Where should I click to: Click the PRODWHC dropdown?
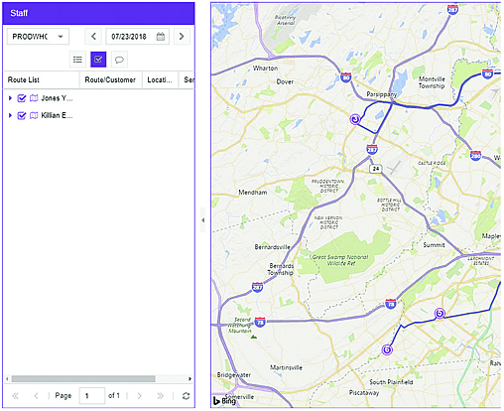pos(38,37)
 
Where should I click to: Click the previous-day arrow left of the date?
pos(93,37)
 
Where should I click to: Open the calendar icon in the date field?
pos(161,37)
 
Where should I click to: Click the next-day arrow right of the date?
pos(182,37)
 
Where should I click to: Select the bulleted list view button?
pos(77,60)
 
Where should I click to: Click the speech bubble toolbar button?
pos(119,60)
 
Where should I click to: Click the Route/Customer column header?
pos(109,79)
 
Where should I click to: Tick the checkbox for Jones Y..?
pos(22,98)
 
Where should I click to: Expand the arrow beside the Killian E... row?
pos(10,116)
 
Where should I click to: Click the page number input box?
pos(91,396)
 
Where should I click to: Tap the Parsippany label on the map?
pos(382,95)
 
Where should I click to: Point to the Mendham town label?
pos(254,193)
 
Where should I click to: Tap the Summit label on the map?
pos(435,244)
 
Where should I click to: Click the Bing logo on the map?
pos(224,400)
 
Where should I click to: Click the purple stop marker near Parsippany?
pos(355,119)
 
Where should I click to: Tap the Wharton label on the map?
pos(266,68)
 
